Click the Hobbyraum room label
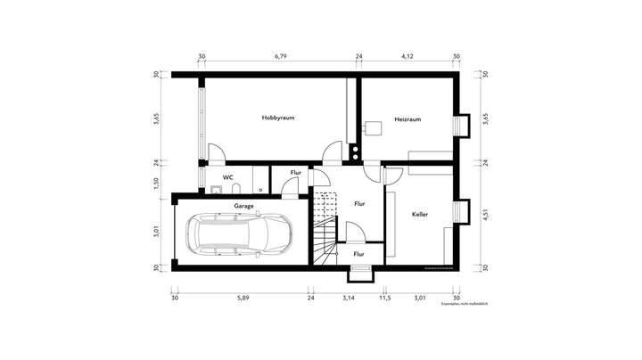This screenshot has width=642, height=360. [x=278, y=118]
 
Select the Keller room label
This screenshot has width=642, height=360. [x=420, y=215]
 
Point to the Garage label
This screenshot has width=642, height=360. [x=244, y=206]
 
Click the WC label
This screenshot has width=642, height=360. [x=228, y=177]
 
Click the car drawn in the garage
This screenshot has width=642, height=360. [x=239, y=236]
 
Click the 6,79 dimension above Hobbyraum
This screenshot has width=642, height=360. [x=280, y=57]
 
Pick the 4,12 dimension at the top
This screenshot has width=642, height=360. [x=407, y=57]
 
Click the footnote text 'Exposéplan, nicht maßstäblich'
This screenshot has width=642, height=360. [x=465, y=305]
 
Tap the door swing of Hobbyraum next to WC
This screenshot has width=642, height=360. [x=216, y=153]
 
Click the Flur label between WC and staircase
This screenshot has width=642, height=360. [x=295, y=172]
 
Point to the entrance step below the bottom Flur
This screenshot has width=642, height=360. [x=358, y=274]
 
